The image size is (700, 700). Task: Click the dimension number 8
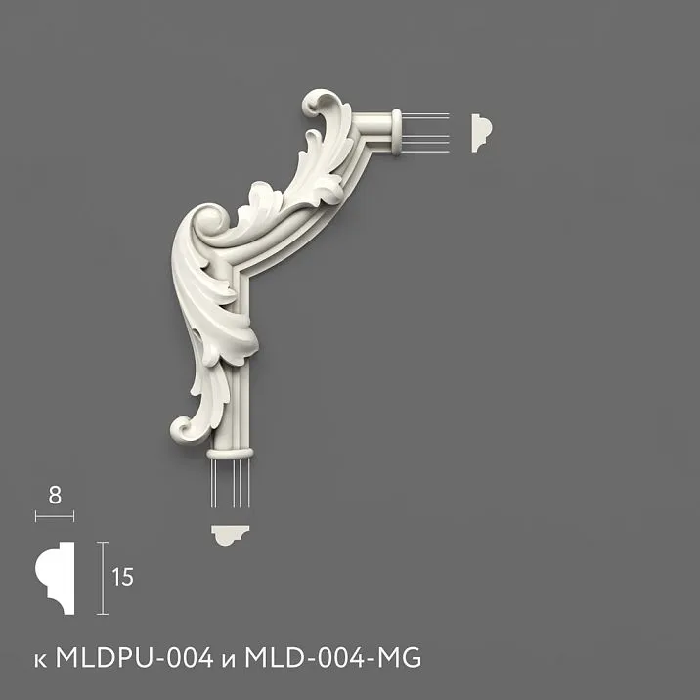click(x=55, y=495)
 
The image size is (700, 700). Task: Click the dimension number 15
click(x=122, y=577)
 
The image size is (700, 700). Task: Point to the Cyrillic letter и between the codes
click(x=232, y=660)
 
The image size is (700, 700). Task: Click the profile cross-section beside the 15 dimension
click(x=57, y=578)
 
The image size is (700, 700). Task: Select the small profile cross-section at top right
click(x=482, y=132)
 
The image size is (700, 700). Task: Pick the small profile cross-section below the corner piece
click(x=232, y=534)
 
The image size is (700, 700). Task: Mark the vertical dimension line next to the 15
click(x=101, y=577)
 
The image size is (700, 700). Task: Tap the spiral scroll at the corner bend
click(x=211, y=223)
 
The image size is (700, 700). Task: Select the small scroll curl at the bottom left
click(x=184, y=427)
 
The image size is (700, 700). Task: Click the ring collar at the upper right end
click(x=397, y=132)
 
